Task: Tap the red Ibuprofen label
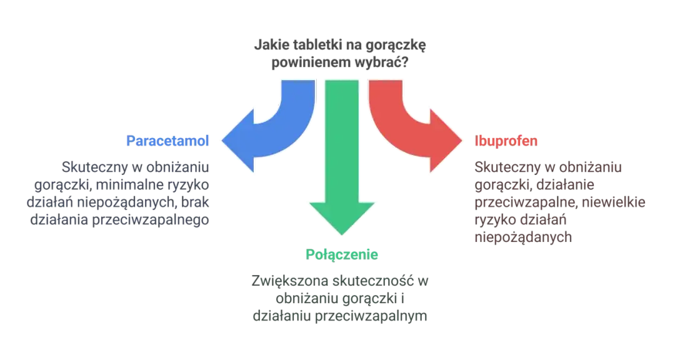click(x=507, y=140)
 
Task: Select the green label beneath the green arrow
click(x=342, y=253)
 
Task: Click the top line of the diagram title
click(x=341, y=46)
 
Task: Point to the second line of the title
click(x=341, y=63)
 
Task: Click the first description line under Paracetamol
click(x=134, y=167)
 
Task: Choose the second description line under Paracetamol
click(x=119, y=184)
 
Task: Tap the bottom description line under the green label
click(x=341, y=317)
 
